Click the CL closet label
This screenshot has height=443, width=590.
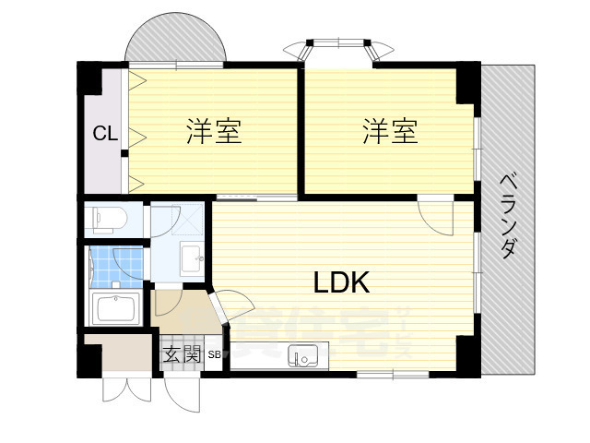point(104,133)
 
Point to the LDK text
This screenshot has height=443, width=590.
point(342,282)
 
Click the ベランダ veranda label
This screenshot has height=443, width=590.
point(508,216)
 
